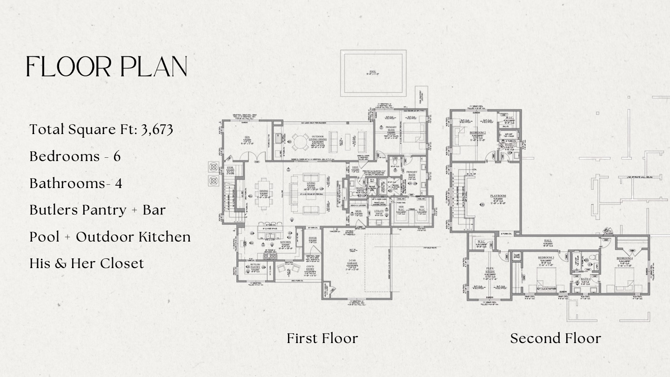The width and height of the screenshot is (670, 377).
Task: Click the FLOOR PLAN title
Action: coord(107,67)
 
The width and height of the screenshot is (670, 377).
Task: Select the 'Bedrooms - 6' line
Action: coord(75,156)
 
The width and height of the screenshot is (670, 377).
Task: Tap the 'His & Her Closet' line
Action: coord(87,263)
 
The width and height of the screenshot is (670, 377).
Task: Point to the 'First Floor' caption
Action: coord(322,338)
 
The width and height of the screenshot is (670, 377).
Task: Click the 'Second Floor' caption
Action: coord(555,338)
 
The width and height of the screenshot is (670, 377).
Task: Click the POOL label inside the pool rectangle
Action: coord(372,72)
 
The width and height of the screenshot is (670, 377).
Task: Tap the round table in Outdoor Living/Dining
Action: coord(298,140)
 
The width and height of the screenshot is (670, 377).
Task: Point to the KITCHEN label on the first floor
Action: coord(285,242)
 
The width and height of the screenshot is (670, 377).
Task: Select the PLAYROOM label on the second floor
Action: coord(498,196)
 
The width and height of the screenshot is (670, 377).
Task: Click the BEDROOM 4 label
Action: coord(624,258)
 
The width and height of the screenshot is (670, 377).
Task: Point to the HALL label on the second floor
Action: coord(548,241)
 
